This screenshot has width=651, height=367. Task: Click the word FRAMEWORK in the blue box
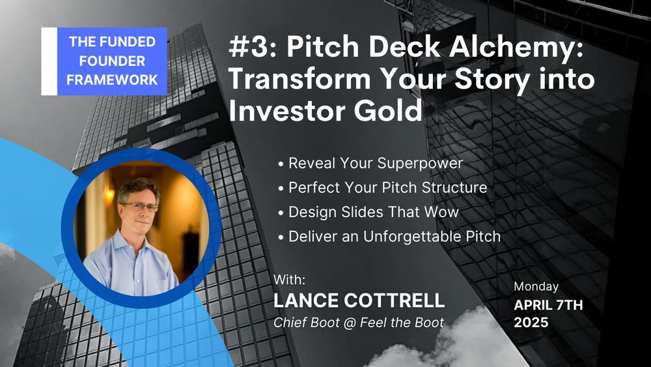point(112,80)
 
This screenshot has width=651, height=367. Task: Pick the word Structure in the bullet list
point(454,188)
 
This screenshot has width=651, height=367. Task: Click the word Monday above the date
point(536,287)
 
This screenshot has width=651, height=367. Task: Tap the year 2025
point(531,323)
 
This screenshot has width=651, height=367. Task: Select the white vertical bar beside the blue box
point(49,61)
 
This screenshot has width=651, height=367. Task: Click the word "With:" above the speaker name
point(289,280)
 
